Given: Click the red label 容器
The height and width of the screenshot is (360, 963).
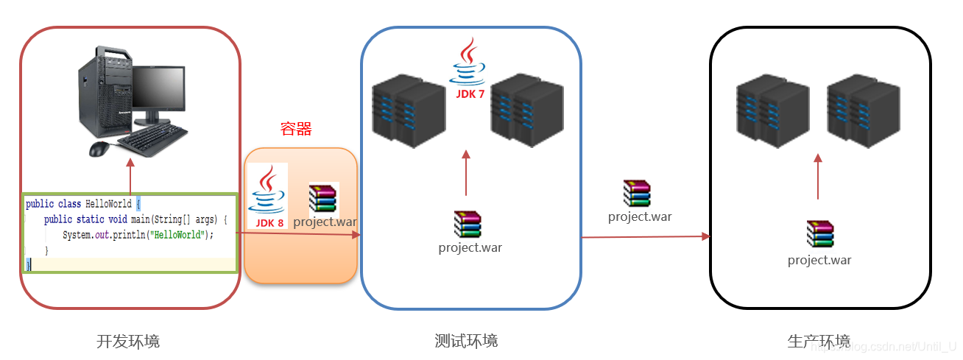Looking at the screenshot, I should pyautogui.click(x=296, y=130).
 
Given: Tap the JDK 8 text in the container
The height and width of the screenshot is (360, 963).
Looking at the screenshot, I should pyautogui.click(x=269, y=222).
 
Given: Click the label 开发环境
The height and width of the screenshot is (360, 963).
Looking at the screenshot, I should pyautogui.click(x=128, y=341).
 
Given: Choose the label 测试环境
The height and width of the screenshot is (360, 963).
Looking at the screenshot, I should pyautogui.click(x=466, y=341).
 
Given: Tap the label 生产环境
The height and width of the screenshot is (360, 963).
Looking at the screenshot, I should pyautogui.click(x=819, y=341).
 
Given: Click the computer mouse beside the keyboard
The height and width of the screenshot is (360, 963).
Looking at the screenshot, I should pyautogui.click(x=99, y=149).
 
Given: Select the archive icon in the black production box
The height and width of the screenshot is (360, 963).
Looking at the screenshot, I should pyautogui.click(x=819, y=233).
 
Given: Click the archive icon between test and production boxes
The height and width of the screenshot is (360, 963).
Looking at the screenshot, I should pyautogui.click(x=637, y=193).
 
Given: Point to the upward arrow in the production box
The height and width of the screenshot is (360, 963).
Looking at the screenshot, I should pyautogui.click(x=818, y=177).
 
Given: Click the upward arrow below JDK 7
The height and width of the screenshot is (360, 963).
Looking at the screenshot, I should pyautogui.click(x=466, y=173).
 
